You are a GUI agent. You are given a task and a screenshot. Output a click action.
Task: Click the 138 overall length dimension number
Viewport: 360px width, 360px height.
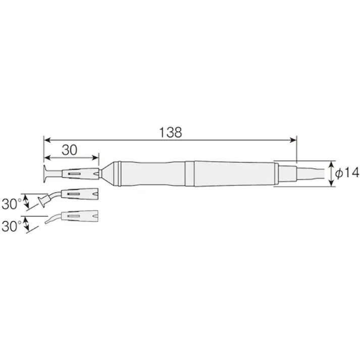[x=170, y=132]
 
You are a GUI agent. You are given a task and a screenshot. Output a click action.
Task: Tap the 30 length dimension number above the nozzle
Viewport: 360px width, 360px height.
[x=71, y=149]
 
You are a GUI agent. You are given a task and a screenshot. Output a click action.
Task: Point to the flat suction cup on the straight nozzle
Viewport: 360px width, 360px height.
[x=46, y=174]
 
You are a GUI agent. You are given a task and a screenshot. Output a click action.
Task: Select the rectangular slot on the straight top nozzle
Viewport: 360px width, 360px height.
[x=74, y=174]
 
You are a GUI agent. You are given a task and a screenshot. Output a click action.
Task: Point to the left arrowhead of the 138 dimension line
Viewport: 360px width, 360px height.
[x=46, y=139]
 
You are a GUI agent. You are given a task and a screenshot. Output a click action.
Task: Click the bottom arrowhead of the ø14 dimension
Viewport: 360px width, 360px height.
[x=332, y=184]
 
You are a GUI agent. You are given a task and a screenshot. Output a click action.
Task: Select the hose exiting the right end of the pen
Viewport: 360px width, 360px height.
[x=311, y=174]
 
